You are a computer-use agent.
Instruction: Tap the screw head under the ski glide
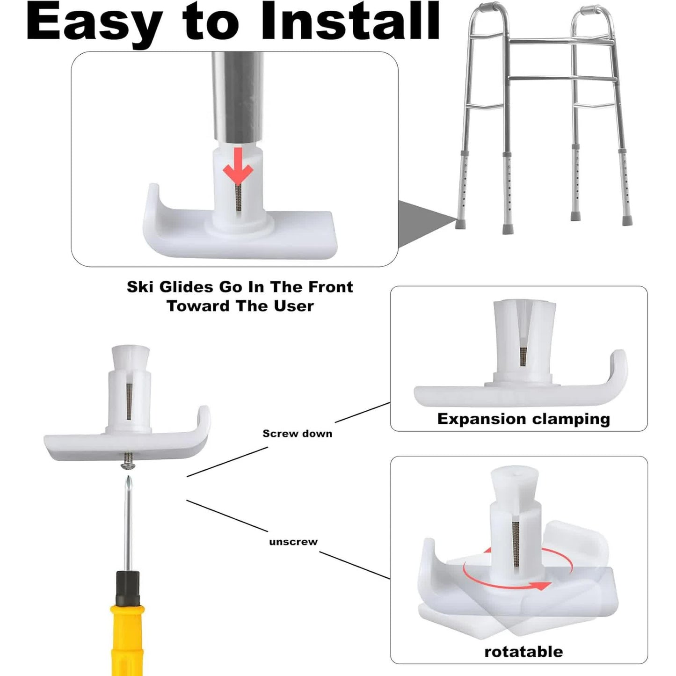(127, 465)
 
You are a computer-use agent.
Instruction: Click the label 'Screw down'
(297, 434)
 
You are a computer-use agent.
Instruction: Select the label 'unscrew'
(293, 542)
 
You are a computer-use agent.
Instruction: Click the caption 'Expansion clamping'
(523, 419)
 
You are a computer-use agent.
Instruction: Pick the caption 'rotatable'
(523, 651)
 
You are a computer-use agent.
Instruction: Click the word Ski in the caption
(139, 287)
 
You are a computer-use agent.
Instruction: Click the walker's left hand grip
(484, 10)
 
